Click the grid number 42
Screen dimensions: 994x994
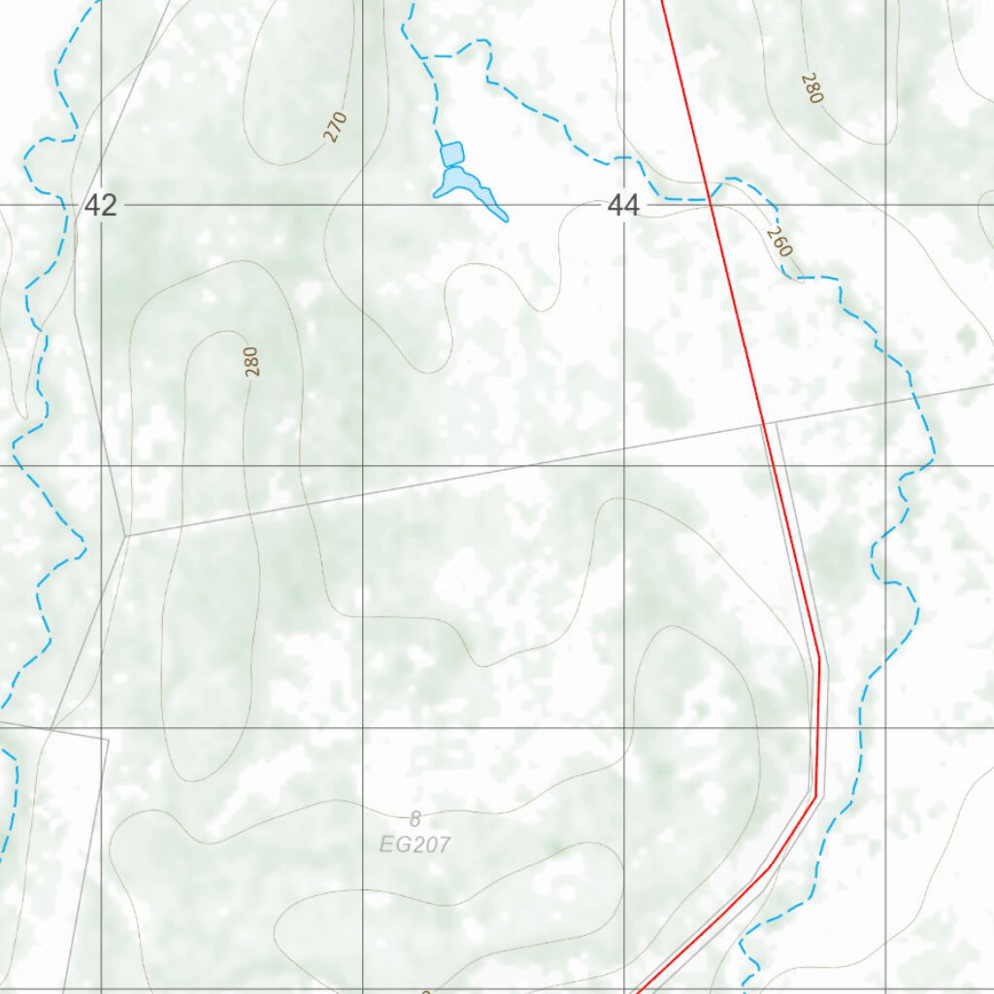100,205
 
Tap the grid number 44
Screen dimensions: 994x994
623,205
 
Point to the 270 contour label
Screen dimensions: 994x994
336,127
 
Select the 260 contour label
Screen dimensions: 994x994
779,242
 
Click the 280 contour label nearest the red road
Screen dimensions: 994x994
812,88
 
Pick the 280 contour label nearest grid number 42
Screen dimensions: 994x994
252,361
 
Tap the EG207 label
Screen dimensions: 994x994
414,845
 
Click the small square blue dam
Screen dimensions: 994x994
451,153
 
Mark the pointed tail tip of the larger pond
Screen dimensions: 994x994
505,218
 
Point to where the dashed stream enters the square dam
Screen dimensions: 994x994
443,145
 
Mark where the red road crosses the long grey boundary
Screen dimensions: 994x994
764,424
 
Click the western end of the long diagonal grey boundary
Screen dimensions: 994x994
126,535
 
